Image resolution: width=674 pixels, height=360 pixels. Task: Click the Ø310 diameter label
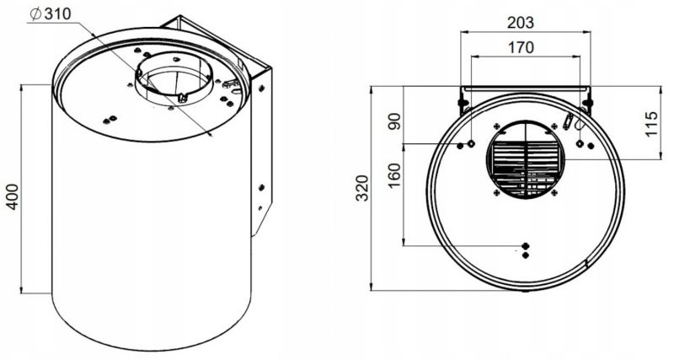[x=51, y=13]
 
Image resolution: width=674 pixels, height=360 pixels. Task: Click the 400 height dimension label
[x=13, y=196]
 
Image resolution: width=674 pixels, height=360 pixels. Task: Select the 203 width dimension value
[x=521, y=23]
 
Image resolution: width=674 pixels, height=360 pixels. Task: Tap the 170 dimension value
[x=521, y=47]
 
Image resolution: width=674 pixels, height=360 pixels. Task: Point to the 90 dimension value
[x=394, y=121]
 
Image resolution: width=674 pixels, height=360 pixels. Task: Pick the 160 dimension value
[x=394, y=175]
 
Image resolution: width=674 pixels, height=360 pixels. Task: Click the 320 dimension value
[x=363, y=188]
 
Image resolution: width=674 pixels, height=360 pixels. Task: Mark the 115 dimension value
[x=651, y=124]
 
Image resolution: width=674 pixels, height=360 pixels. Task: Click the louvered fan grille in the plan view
[x=525, y=159]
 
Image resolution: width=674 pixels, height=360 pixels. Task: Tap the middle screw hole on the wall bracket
[x=261, y=187]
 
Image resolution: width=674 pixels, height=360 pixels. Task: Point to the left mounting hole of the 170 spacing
[x=471, y=143]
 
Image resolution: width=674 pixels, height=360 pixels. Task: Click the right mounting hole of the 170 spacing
[x=580, y=143]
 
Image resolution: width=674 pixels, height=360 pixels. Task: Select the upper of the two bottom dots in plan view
[x=525, y=246]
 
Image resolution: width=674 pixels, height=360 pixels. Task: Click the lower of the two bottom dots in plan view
[x=525, y=255]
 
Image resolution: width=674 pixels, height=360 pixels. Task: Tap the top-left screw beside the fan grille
[x=497, y=126]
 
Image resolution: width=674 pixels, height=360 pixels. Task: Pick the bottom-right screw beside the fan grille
[x=554, y=193]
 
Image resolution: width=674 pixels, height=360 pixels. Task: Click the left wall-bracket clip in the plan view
[x=463, y=103]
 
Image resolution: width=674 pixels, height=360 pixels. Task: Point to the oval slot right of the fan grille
[x=567, y=121]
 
